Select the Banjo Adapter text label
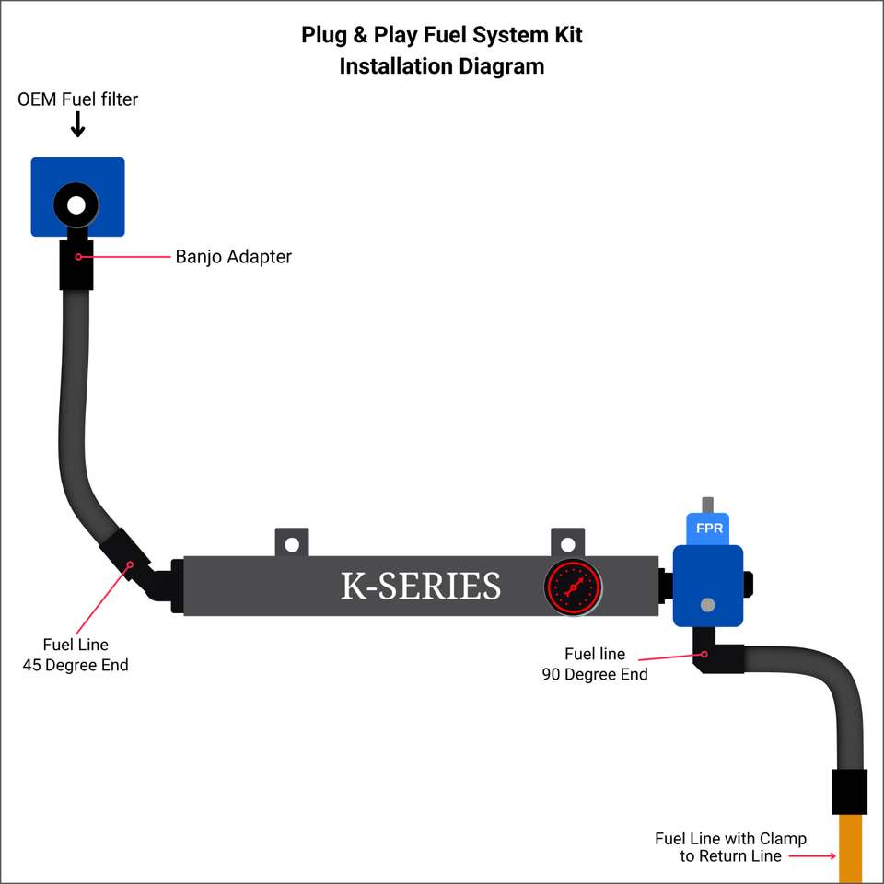pyautogui.click(x=233, y=257)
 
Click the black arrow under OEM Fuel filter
pyautogui.click(x=77, y=123)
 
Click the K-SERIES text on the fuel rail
pyautogui.click(x=421, y=587)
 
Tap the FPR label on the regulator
pyautogui.click(x=708, y=529)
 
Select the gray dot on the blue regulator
pyautogui.click(x=707, y=605)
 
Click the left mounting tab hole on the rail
pyautogui.click(x=292, y=544)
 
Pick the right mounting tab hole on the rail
pyautogui.click(x=567, y=544)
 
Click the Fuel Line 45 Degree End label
pyautogui.click(x=76, y=655)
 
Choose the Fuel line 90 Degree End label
pyautogui.click(x=595, y=665)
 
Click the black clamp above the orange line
pyautogui.click(x=849, y=792)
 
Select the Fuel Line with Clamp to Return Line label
pyautogui.click(x=730, y=847)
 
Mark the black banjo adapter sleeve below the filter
pyautogui.click(x=77, y=264)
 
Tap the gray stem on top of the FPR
pyautogui.click(x=707, y=505)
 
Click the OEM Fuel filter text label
pyautogui.click(x=78, y=99)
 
